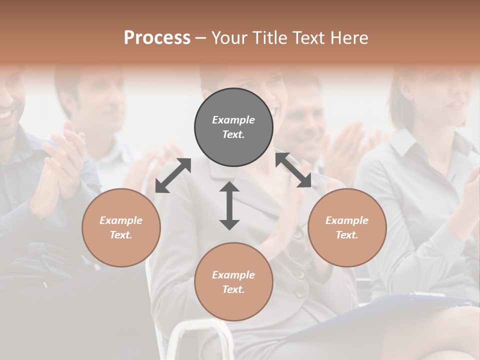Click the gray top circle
point(233,127)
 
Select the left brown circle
point(121,227)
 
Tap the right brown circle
point(347,227)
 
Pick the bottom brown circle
point(233,282)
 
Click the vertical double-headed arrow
point(229,205)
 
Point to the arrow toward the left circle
point(173,175)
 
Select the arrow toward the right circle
point(293,170)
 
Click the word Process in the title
point(157,37)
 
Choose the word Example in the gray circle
point(233,120)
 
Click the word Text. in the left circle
point(121,235)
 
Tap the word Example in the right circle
point(347,220)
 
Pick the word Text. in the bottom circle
point(233,289)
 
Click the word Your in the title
point(228,37)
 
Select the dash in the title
point(200,37)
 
